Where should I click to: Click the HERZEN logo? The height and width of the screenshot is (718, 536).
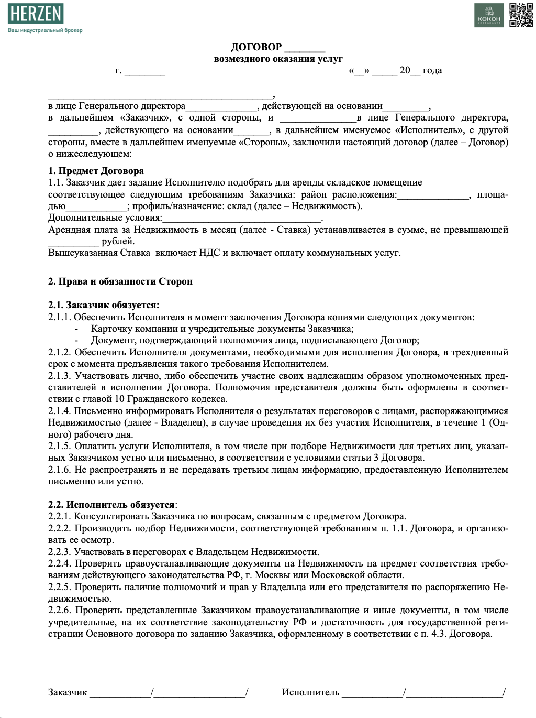tap(36, 14)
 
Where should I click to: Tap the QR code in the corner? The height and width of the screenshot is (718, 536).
tap(521, 15)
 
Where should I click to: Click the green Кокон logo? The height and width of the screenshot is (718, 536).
tap(489, 15)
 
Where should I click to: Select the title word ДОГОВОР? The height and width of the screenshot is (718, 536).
tap(256, 47)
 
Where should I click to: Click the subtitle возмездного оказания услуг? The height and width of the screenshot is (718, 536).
tap(278, 59)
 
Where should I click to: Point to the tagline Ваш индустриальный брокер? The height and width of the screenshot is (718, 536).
tap(45, 30)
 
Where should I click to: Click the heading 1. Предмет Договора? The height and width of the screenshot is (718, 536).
tap(96, 171)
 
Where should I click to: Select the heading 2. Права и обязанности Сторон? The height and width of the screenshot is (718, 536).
tap(120, 281)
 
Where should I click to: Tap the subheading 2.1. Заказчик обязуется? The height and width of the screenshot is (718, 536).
tap(104, 305)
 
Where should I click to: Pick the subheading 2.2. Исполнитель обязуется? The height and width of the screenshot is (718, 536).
tap(112, 505)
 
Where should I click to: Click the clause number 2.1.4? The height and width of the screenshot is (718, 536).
tap(59, 411)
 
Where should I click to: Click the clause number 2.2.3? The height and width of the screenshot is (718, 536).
tap(59, 552)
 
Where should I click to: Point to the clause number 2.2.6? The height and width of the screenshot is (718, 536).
tap(60, 610)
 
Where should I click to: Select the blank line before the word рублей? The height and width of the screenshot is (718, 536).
tap(73, 242)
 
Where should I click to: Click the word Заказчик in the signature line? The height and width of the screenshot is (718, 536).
tap(68, 692)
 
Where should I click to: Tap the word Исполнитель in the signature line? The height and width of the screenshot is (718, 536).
tap(310, 692)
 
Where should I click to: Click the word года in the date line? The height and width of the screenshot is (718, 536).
tap(432, 70)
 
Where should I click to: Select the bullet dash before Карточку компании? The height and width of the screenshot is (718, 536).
tap(76, 329)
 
